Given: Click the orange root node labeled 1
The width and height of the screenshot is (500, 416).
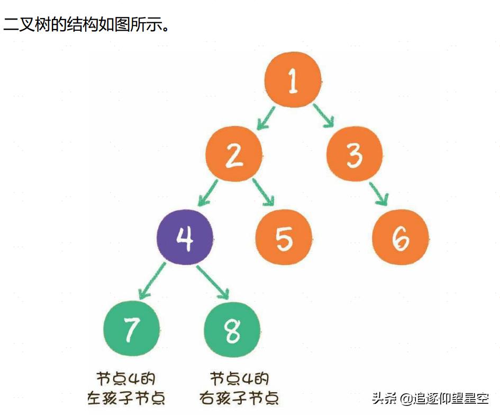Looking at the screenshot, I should coord(293,80).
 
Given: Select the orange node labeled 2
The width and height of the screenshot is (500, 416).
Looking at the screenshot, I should coord(233,154).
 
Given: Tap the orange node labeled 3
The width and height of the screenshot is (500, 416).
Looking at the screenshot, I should coord(354,154).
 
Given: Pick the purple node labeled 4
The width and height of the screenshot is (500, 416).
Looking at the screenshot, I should coord(185,238).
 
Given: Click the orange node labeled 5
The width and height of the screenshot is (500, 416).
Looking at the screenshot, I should coord(284,238).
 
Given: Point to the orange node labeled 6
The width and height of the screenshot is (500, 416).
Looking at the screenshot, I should coord(401,238).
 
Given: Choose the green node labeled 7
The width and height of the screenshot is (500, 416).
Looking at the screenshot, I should coord(131,329).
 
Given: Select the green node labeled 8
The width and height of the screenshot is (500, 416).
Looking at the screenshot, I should coord(232,329).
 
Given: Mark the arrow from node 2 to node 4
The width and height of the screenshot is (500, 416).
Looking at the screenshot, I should coord(208,193).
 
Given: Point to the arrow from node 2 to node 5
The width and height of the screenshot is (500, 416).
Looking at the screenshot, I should coord(263,192).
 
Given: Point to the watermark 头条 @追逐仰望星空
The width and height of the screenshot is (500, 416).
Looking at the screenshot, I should coord(430,398).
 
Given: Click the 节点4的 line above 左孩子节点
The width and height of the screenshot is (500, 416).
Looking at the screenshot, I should coord(126,379).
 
